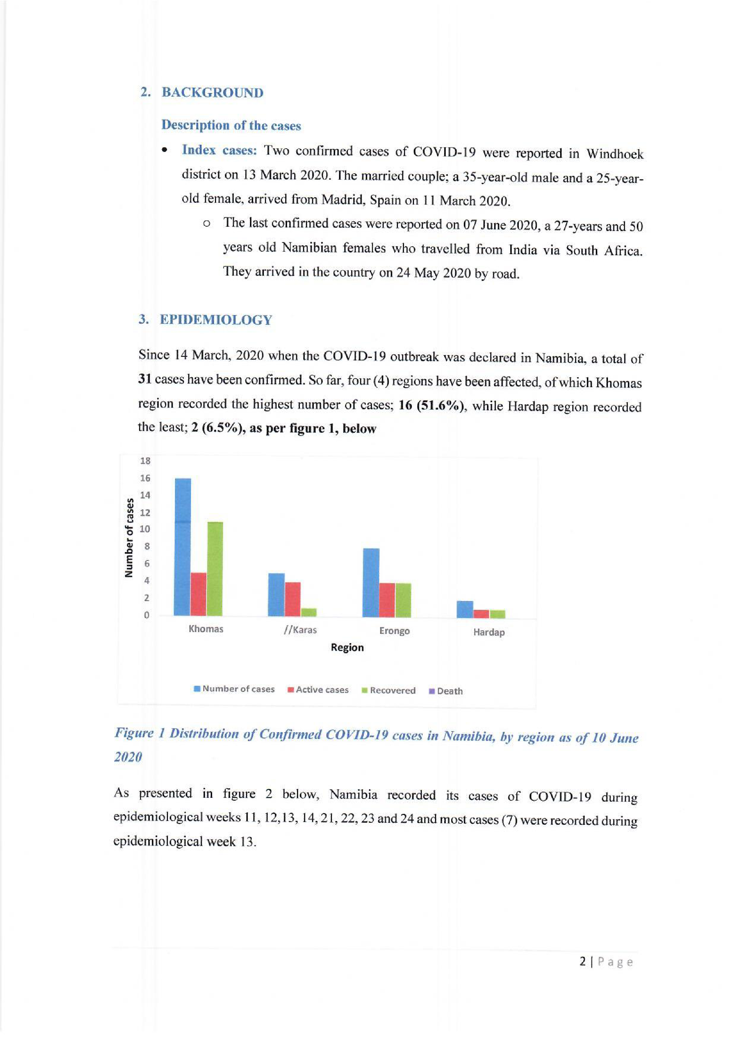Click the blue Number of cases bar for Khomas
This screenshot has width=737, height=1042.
point(183,547)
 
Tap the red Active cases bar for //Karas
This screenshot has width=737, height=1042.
point(293,599)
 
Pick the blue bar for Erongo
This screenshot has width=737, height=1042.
point(371,583)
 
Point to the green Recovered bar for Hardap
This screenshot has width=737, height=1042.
point(498,614)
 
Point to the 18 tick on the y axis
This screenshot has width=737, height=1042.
point(145,461)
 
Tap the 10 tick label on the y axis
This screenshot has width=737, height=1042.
point(145,529)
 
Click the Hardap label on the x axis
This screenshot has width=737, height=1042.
point(489,632)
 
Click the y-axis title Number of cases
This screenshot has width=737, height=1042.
point(130,538)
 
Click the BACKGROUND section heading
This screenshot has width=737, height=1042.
point(213,93)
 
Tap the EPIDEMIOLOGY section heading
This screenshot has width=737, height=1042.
point(216,320)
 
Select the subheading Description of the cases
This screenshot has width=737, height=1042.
point(231,125)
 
